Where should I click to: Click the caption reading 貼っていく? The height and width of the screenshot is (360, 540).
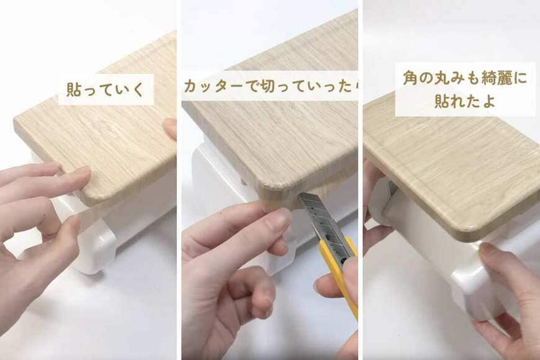pos(106,89)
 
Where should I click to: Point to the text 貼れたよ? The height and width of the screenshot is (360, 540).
pos(465,102)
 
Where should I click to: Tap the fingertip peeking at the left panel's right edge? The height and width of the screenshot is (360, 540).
pos(170,128)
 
